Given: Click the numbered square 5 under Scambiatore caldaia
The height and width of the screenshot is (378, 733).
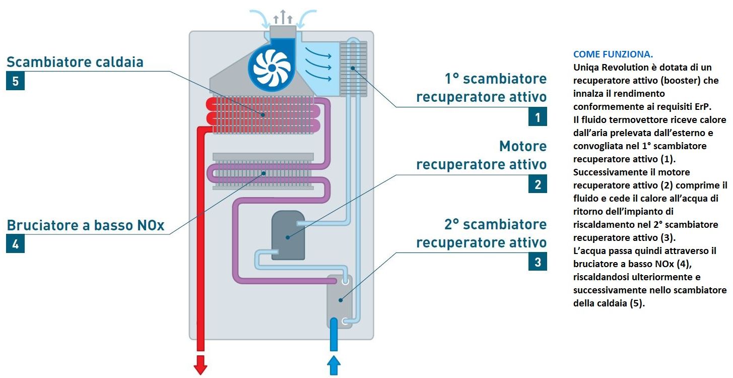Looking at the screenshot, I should coord(15,82).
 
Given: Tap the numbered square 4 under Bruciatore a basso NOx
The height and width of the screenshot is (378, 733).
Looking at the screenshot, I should coord(15,244).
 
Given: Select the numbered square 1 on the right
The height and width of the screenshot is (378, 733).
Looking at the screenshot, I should coord(538,117).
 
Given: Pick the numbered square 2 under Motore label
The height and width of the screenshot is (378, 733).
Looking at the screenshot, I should coord(538,184).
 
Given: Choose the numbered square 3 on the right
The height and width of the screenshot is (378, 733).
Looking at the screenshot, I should coord(538,262).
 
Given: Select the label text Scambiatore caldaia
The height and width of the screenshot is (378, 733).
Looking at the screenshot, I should coord(75,62).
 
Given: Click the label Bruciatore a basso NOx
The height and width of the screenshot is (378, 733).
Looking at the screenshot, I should coord(86,225).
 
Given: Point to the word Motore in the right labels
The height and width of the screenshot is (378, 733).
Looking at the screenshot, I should coord(522,147).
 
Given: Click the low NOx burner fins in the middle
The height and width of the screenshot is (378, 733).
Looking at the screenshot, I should coord(263,172).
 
